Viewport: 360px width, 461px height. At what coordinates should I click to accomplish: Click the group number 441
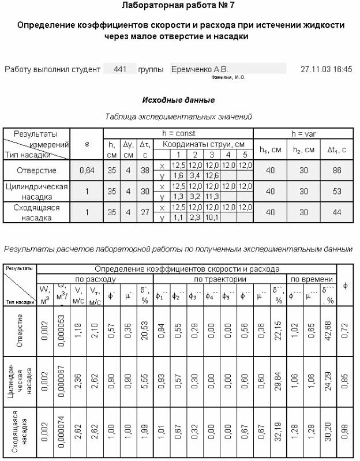[121, 69]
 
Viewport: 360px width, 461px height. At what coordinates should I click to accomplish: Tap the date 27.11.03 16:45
[326, 69]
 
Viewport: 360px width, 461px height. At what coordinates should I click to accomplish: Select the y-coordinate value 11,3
[213, 197]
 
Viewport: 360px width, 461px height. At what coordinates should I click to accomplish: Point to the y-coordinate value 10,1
[213, 218]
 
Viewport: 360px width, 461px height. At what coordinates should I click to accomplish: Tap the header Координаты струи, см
[204, 144]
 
